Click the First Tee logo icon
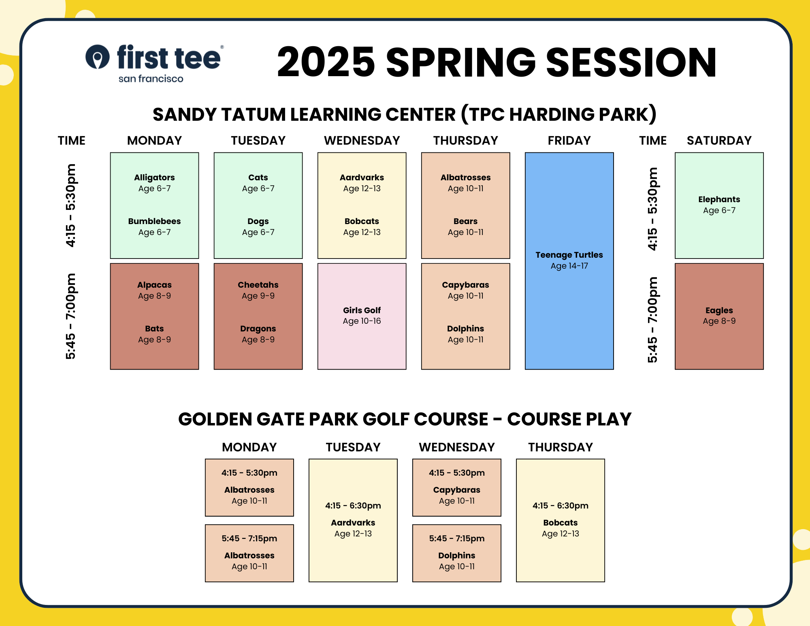[x=98, y=57]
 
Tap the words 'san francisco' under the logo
[x=151, y=79]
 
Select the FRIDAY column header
[x=569, y=140]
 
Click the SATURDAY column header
[x=719, y=140]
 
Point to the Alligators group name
[x=154, y=177]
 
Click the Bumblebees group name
[x=154, y=221]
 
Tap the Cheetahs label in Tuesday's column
[x=258, y=285]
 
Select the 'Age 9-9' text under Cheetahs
[x=258, y=296]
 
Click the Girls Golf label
[x=362, y=310]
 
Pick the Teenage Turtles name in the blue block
[x=569, y=255]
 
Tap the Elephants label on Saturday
[x=719, y=199]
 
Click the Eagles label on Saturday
[x=719, y=310]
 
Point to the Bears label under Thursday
[x=465, y=221]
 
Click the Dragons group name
[x=258, y=329]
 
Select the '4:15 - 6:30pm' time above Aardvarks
[x=353, y=506]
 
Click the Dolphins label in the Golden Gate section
[x=456, y=555]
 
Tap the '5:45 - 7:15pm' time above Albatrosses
[x=249, y=538]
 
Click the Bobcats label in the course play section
[x=560, y=523]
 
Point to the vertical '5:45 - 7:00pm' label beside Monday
[x=70, y=316]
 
